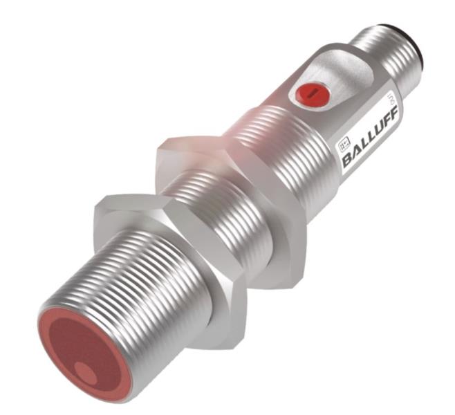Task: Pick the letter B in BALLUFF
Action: [347, 160]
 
